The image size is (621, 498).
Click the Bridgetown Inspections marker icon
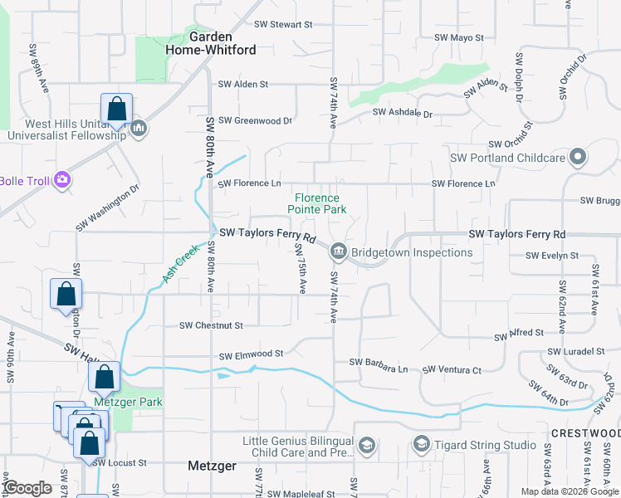click(x=339, y=251)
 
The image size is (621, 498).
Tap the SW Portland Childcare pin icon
click(x=579, y=157)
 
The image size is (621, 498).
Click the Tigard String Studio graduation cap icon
click(x=421, y=446)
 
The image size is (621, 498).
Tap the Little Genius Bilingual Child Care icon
click(x=366, y=447)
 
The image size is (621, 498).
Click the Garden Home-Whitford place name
click(x=222, y=43)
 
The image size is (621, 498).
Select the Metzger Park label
click(x=127, y=403)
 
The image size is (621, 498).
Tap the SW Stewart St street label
click(x=283, y=25)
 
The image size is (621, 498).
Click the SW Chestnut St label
click(x=211, y=326)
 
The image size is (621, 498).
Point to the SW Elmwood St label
click(x=251, y=355)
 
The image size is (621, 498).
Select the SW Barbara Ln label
click(x=379, y=363)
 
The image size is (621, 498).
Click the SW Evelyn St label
click(x=552, y=256)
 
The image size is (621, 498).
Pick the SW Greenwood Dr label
click(x=252, y=120)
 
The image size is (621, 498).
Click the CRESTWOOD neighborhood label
click(x=584, y=434)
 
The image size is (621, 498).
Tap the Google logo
click(x=28, y=488)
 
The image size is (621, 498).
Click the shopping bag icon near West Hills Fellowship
click(x=117, y=110)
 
